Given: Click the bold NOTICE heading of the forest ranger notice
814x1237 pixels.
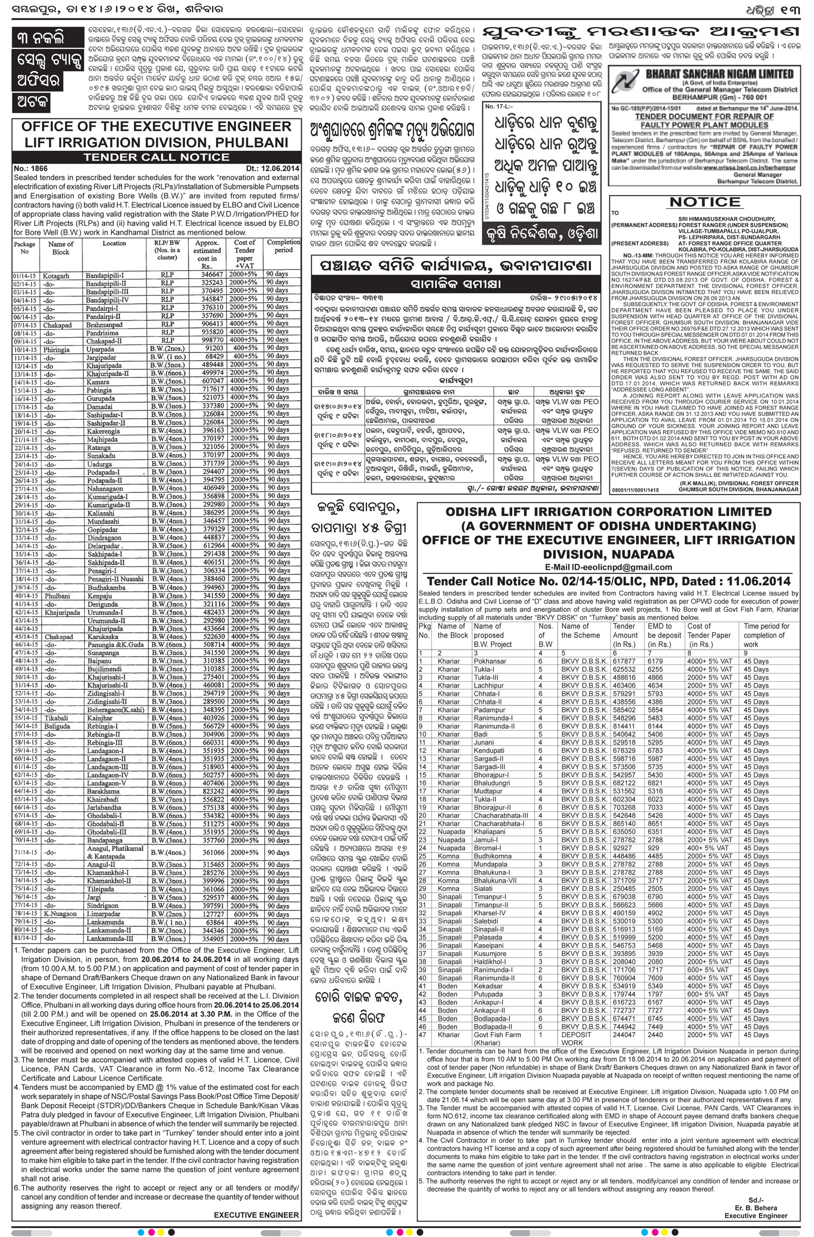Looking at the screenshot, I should click(x=705, y=202).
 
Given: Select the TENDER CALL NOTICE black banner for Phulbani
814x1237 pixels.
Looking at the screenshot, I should click(x=156, y=157).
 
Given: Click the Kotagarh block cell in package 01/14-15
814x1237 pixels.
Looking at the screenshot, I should click(x=56, y=276).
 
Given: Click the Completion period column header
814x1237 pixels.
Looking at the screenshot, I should click(x=283, y=246).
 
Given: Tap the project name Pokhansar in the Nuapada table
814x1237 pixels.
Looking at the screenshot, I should click(x=489, y=661).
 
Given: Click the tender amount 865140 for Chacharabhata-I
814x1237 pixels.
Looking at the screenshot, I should click(x=624, y=823).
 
